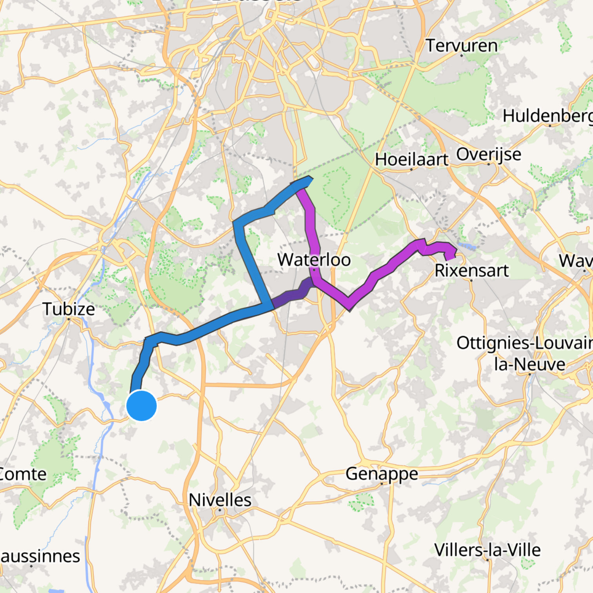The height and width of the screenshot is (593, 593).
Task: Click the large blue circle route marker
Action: tap(142, 406)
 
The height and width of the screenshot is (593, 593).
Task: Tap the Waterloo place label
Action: tap(314, 260)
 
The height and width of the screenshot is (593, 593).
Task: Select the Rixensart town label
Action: tap(471, 271)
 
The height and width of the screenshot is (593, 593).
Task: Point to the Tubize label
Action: tap(69, 309)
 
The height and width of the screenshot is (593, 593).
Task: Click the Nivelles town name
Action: tap(220, 500)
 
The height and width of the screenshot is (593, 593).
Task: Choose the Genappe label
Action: tap(382, 474)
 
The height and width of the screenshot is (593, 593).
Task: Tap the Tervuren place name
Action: tap(462, 45)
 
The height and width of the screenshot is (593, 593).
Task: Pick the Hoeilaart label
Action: tap(411, 160)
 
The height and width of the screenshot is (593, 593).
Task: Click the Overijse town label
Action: tap(489, 155)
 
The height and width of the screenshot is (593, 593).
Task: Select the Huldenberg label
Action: tap(548, 116)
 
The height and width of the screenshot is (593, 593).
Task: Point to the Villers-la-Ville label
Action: tap(487, 550)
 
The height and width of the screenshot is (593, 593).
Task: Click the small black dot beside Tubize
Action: tap(69, 319)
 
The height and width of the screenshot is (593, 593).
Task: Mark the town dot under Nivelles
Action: tap(220, 510)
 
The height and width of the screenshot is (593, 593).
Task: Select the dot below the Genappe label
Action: tap(382, 484)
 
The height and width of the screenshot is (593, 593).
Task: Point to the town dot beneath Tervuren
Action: tap(462, 55)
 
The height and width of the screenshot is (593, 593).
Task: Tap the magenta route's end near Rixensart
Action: tap(449, 257)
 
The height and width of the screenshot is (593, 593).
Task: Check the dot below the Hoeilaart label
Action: tap(411, 169)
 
